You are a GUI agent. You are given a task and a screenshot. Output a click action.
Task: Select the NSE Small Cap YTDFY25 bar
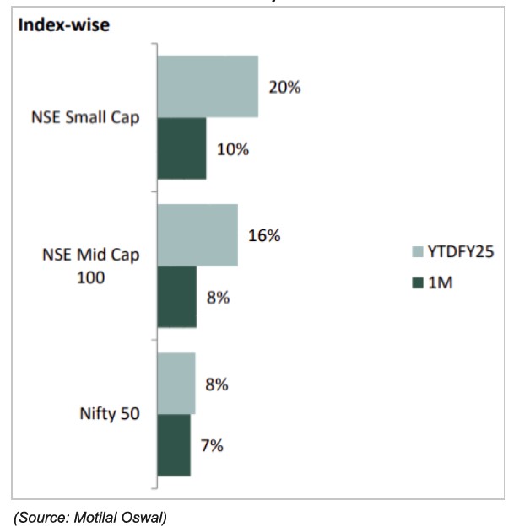(x=208, y=86)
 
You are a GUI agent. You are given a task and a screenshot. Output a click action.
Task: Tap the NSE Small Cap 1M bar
(x=181, y=148)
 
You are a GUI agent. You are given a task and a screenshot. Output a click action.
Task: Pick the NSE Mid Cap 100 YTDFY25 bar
(x=197, y=235)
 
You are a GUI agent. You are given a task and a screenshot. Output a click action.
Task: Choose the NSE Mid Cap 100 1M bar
(x=176, y=297)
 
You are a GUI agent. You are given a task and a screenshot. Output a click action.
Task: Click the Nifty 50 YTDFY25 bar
(x=176, y=384)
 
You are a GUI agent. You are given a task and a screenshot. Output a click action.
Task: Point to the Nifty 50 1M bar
(x=174, y=445)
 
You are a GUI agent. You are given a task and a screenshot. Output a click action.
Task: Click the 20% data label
(x=284, y=87)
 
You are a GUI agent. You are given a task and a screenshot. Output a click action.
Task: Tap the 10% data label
(x=232, y=149)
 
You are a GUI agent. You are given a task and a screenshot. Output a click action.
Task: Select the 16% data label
(x=264, y=236)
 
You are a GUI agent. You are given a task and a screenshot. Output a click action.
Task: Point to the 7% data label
(x=212, y=446)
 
